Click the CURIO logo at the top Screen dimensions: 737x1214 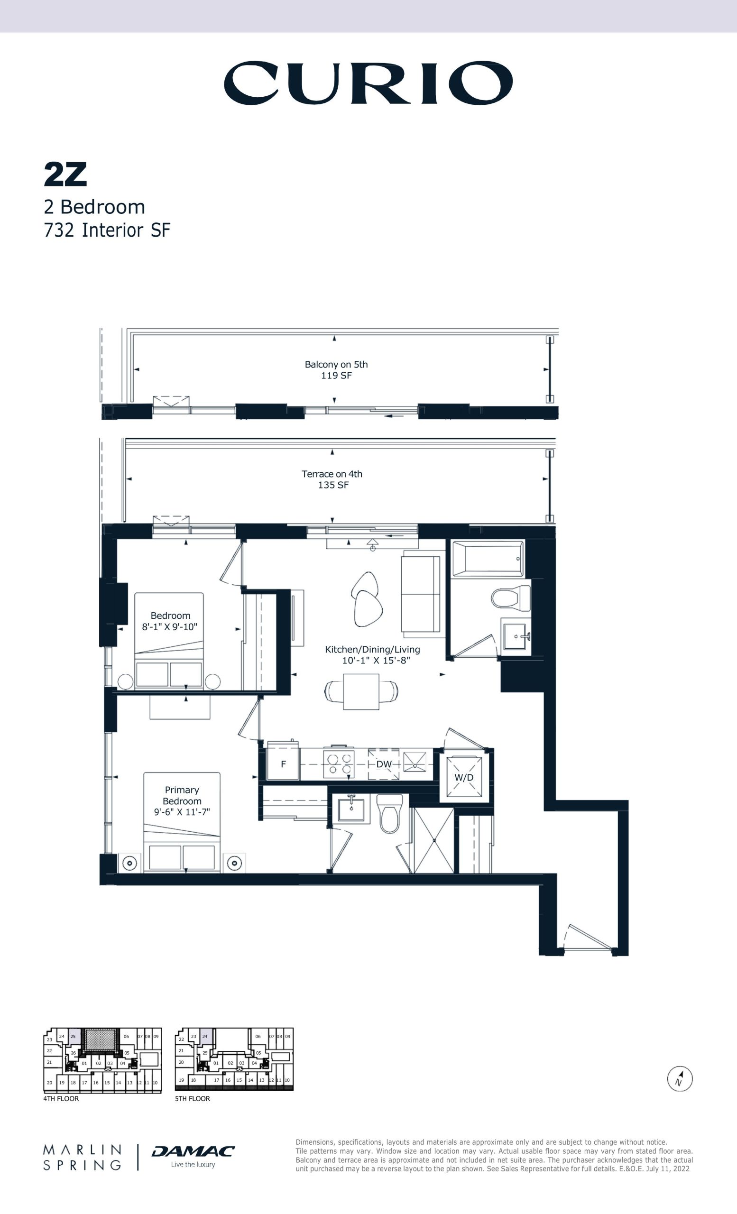[368, 83]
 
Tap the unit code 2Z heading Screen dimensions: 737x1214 [65, 175]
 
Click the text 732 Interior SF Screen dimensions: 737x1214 [107, 230]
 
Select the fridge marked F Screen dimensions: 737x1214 [282, 764]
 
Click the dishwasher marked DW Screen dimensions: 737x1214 [384, 764]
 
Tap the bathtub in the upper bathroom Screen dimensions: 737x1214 [488, 558]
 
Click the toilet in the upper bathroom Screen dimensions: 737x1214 [511, 599]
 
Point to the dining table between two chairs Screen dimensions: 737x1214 [361, 692]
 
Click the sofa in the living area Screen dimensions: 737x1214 [421, 594]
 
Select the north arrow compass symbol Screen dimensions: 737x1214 [680, 1078]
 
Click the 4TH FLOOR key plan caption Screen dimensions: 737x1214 [61, 1098]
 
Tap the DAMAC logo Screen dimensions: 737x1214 [193, 1151]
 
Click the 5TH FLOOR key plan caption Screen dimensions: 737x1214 [193, 1098]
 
